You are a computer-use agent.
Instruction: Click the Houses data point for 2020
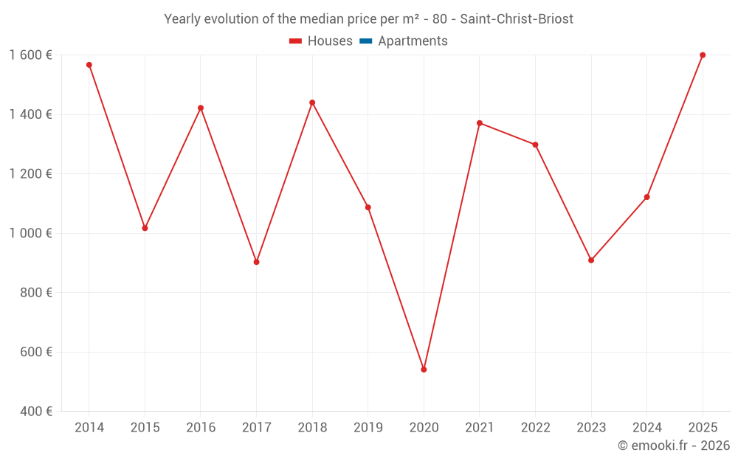[424, 370]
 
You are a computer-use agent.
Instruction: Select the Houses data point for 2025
[703, 55]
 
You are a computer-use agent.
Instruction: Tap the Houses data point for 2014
[89, 65]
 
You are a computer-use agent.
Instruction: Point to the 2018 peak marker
[312, 103]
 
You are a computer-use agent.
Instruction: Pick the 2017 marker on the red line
[256, 262]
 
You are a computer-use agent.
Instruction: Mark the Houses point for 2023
[591, 260]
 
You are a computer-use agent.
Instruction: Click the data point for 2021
[480, 123]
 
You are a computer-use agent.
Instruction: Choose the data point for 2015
[145, 228]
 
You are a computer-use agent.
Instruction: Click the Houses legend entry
[321, 41]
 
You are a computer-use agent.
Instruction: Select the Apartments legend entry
[404, 41]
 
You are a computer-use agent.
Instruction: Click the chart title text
[368, 19]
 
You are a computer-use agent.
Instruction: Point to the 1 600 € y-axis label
[30, 55]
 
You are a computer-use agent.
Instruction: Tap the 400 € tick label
[35, 412]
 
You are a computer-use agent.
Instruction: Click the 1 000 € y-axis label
[30, 233]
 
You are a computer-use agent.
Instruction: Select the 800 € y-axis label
[35, 293]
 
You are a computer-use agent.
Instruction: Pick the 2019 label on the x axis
[368, 428]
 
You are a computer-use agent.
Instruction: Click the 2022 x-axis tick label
[535, 428]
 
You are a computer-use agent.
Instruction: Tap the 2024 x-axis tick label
[646, 428]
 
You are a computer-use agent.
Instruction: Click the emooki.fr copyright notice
[674, 446]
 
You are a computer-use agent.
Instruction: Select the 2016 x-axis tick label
[201, 428]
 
